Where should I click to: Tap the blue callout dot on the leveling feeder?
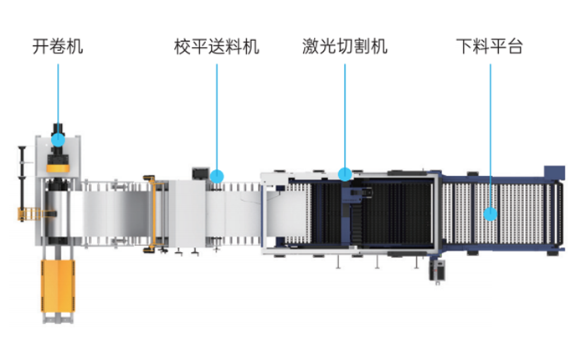[217, 177]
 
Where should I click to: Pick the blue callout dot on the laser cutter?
[345, 174]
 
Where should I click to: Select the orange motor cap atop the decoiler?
[59, 167]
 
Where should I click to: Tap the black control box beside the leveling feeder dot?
[200, 172]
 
